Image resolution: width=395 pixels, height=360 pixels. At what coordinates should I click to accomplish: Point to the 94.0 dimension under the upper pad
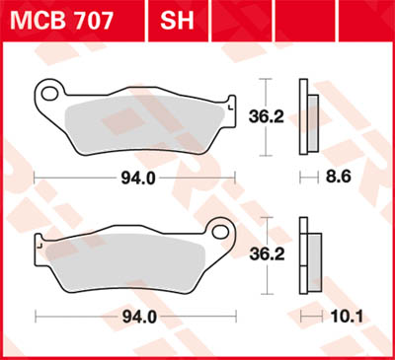coord(136,179)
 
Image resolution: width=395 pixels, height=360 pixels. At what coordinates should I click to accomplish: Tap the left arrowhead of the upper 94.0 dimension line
coord(38,179)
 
